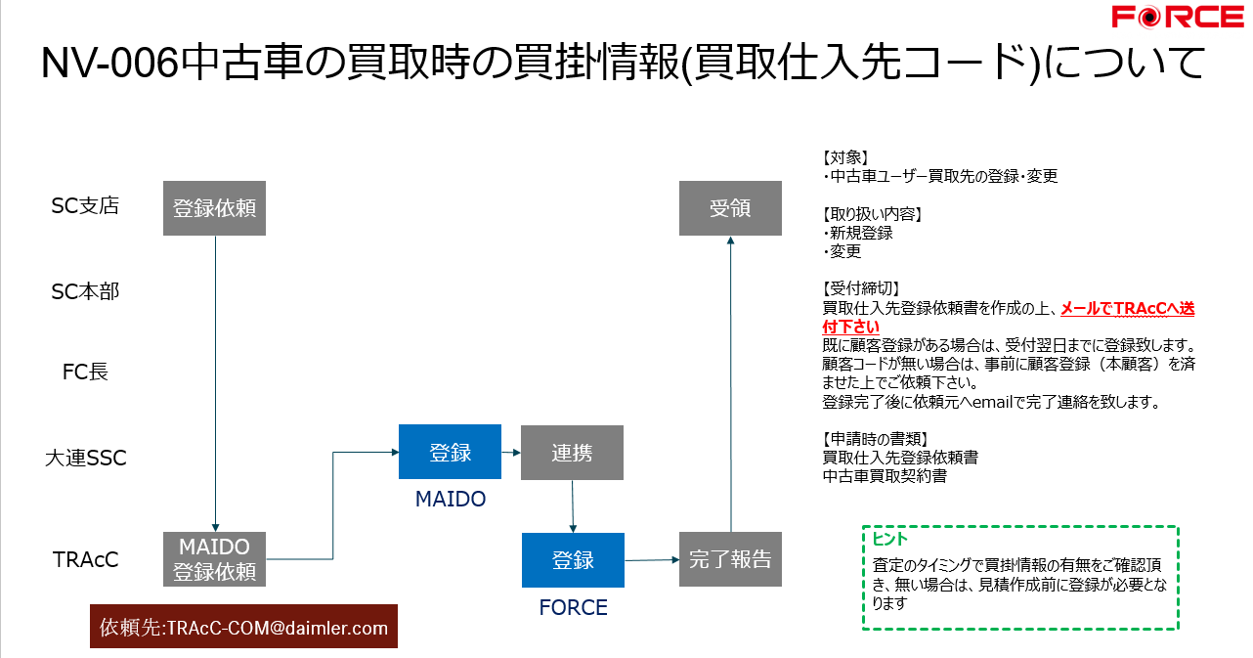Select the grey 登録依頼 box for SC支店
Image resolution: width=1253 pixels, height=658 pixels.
pos(214,207)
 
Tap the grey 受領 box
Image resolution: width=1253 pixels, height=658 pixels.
pos(730,207)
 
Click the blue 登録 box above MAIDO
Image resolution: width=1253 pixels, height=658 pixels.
pos(450,452)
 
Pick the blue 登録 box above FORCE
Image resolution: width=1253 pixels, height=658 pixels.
pos(573,559)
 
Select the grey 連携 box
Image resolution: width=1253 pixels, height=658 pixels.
pos(572,452)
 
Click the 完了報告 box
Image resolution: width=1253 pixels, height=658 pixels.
pos(730,559)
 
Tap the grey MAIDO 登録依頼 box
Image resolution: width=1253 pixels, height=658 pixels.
pos(214,559)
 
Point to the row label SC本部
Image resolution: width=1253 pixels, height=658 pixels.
pos(85,291)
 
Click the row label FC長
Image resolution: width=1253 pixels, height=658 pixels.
pos(85,372)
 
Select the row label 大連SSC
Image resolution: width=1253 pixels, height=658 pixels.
pos(86,457)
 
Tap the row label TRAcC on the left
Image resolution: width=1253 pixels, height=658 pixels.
pos(86,559)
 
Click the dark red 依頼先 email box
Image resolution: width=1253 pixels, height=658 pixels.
pos(243,627)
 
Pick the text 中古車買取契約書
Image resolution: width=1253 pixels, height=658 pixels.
pos(885,476)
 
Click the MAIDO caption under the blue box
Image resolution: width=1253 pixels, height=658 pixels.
pos(450,499)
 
